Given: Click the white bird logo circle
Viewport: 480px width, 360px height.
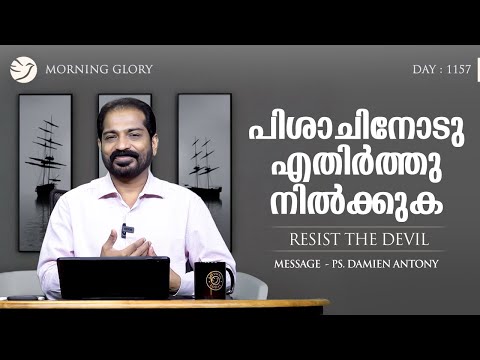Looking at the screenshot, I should [x=23, y=70].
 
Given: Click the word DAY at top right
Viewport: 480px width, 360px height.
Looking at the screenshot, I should [x=423, y=71].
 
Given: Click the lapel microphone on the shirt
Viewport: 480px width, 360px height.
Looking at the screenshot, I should [x=126, y=230].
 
